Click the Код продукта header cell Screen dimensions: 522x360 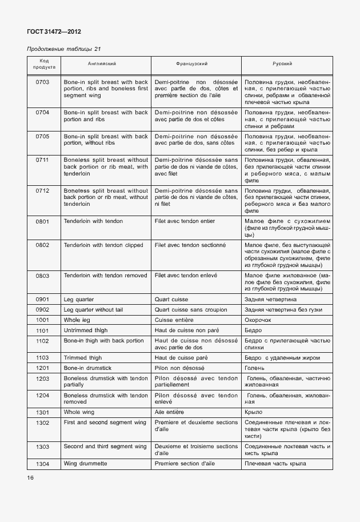tap(42, 63)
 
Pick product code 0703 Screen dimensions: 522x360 tap(42, 82)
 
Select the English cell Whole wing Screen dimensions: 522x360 tap(79, 412)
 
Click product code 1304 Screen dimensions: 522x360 tap(42, 463)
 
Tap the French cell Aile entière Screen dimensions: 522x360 tap(171, 412)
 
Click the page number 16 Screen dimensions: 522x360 tap(30, 477)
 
